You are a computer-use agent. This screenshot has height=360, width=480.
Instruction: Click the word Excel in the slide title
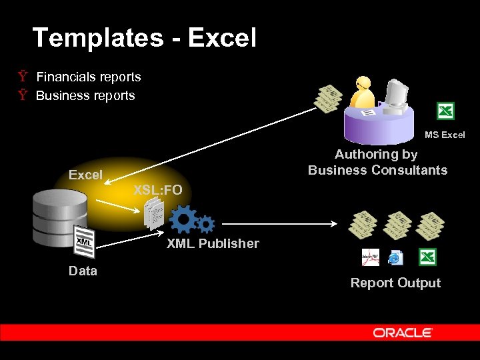(222, 37)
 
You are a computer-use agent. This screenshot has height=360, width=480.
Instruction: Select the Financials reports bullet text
(88, 77)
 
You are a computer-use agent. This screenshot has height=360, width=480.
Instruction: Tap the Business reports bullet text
(85, 95)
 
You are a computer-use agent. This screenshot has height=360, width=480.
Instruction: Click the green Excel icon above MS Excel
(445, 111)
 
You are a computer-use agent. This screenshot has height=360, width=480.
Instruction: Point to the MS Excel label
(445, 135)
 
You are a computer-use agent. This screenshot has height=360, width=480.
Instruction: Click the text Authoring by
(376, 154)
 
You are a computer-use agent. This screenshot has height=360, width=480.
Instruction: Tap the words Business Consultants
(377, 170)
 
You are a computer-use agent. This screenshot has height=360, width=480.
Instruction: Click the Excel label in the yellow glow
(85, 175)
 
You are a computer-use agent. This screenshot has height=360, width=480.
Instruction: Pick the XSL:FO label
(157, 190)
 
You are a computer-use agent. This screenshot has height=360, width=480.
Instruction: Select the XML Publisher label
(213, 243)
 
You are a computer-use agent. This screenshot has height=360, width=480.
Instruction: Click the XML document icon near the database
(83, 242)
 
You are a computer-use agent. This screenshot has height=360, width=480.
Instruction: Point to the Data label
(83, 271)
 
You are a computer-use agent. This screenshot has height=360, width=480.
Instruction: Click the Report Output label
(395, 283)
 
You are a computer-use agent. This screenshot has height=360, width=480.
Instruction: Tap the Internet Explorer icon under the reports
(395, 257)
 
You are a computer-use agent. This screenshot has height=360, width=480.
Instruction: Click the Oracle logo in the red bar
(403, 333)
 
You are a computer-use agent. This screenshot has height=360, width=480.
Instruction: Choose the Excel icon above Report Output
(427, 257)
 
